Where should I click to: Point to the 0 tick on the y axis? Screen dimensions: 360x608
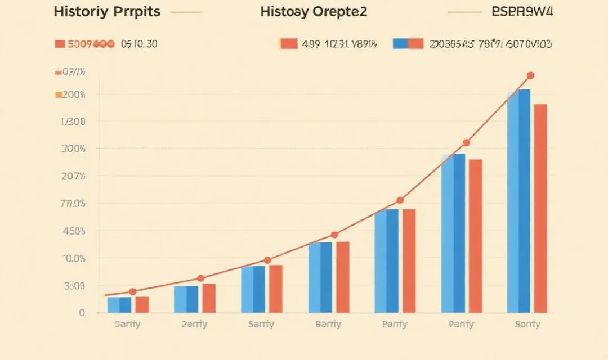coord(82,313)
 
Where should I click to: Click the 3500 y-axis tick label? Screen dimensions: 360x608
coord(74,286)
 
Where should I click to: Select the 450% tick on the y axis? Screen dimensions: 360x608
coord(74,231)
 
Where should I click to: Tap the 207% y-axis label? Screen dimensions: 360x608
coord(74,176)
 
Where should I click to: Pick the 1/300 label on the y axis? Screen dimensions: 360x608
coord(74,121)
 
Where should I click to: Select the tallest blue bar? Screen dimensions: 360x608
coord(518,201)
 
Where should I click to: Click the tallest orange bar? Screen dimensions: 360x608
coord(540,208)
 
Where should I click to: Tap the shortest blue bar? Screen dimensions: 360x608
coord(119,305)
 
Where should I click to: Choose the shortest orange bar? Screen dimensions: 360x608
coord(142,304)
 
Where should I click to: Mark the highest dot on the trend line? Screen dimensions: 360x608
coord(530,75)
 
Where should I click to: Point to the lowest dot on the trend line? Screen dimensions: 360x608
coord(132,291)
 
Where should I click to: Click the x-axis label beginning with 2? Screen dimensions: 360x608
coord(194,325)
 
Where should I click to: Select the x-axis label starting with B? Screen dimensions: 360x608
coord(328,325)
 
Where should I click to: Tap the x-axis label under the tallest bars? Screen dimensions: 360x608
coord(527,325)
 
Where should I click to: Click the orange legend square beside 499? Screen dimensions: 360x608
coord(288,44)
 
